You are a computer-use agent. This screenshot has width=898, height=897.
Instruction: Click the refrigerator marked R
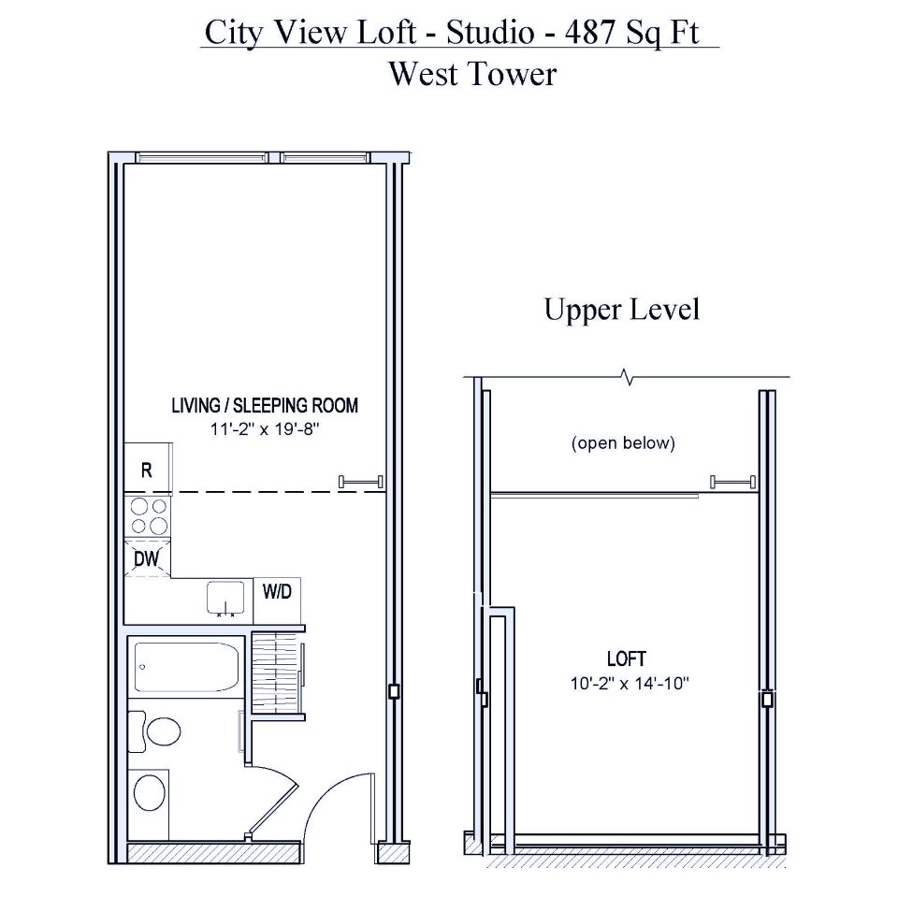point(147,470)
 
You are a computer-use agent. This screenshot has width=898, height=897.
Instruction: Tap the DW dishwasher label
point(146,557)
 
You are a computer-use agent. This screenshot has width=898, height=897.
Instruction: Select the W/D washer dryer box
point(276,591)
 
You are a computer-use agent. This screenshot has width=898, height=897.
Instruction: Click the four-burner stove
point(148,515)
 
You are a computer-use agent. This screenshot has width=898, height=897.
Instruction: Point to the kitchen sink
point(224,599)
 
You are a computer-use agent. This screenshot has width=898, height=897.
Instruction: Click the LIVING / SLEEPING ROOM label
point(265,406)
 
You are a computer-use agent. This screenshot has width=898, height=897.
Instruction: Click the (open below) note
point(623,442)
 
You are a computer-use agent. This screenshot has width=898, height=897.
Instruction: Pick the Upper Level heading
point(622,310)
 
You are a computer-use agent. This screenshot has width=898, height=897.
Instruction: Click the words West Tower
point(472,73)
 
